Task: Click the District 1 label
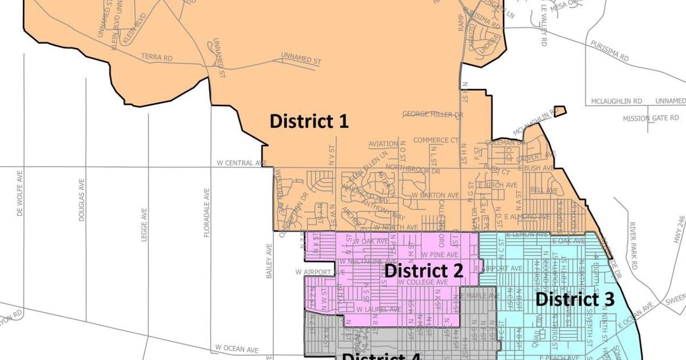309,121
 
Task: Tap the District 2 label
423,270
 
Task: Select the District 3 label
575,299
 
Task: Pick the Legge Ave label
144,224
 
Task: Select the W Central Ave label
242,163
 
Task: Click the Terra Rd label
156,58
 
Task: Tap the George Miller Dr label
432,114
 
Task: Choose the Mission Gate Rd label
651,118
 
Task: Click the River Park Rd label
632,246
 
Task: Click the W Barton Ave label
435,195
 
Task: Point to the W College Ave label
423,282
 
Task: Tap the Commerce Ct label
436,140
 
